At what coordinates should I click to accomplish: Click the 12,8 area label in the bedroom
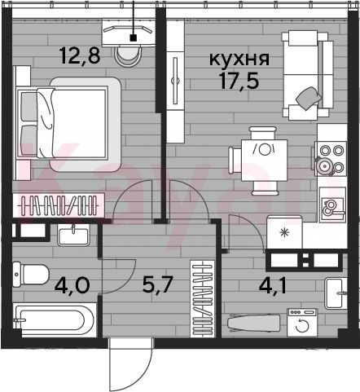point(80,55)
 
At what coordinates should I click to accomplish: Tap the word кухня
point(239,59)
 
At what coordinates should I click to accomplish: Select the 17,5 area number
point(239,81)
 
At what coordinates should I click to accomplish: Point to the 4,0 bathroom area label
point(72,285)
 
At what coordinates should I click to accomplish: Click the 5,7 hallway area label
point(157,284)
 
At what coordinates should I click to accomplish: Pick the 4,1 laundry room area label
point(272,285)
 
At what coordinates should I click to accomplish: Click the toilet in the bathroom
point(31,275)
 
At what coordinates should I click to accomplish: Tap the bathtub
point(55,320)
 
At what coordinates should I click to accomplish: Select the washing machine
point(302,323)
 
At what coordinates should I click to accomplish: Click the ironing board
point(253,324)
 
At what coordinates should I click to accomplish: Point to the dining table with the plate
point(264,161)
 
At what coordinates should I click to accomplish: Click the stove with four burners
point(331,159)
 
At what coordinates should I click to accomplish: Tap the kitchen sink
point(332,205)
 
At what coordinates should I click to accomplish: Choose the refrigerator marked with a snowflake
point(284,232)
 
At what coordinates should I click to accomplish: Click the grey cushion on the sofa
point(309,98)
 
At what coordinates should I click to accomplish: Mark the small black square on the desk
point(133,38)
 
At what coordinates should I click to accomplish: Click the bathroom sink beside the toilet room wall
point(73,236)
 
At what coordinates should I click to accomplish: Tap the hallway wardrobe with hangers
point(203,299)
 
